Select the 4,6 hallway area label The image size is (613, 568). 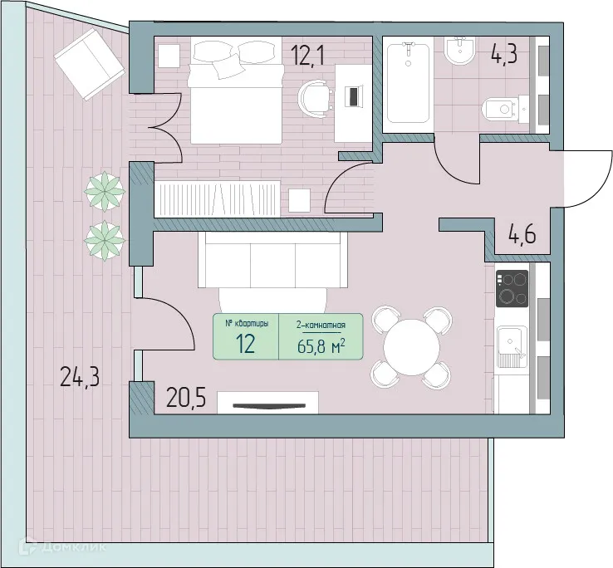522,235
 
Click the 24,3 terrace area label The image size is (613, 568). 80,378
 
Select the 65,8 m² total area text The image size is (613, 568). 321,345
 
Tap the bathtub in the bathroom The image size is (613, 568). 408,83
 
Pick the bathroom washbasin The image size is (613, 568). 459,54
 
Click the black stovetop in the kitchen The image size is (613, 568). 512,289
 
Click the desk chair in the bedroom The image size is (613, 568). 315,95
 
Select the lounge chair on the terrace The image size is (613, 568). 89,59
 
